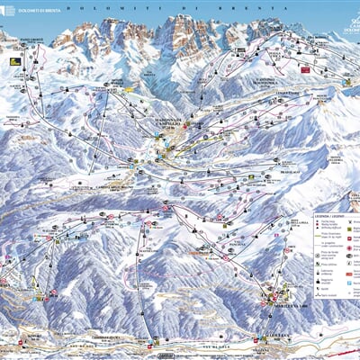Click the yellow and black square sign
click(14, 61)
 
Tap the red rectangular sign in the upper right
click(305, 68)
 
